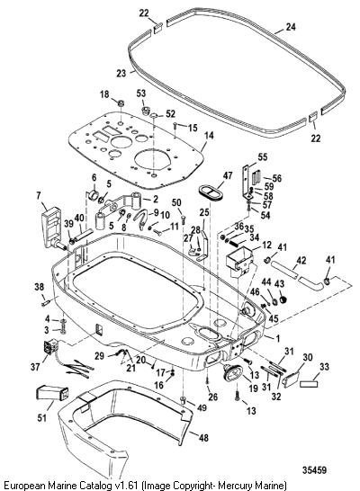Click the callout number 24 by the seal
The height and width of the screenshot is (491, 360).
tap(291, 27)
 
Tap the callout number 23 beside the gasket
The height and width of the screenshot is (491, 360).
tap(121, 73)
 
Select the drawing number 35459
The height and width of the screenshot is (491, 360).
tap(314, 470)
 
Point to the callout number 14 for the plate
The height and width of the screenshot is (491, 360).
tap(209, 136)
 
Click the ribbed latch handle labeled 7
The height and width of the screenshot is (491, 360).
tap(52, 227)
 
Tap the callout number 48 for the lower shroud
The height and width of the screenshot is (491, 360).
tap(203, 437)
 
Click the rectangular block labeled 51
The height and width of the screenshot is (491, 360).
tap(53, 394)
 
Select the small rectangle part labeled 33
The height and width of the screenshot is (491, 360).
tap(309, 383)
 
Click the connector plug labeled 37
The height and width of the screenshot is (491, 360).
tap(49, 349)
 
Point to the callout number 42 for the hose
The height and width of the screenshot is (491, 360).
tap(301, 261)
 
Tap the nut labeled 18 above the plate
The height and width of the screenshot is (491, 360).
tap(121, 103)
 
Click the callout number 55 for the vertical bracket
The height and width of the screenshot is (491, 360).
tap(263, 156)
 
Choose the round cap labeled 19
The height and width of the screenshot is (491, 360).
tap(231, 372)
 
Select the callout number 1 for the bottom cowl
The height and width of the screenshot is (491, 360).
tap(278, 338)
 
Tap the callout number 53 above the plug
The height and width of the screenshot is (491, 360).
tap(141, 94)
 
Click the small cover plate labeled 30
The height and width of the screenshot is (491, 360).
tap(290, 379)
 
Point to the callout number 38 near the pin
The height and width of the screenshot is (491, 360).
tap(40, 287)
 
